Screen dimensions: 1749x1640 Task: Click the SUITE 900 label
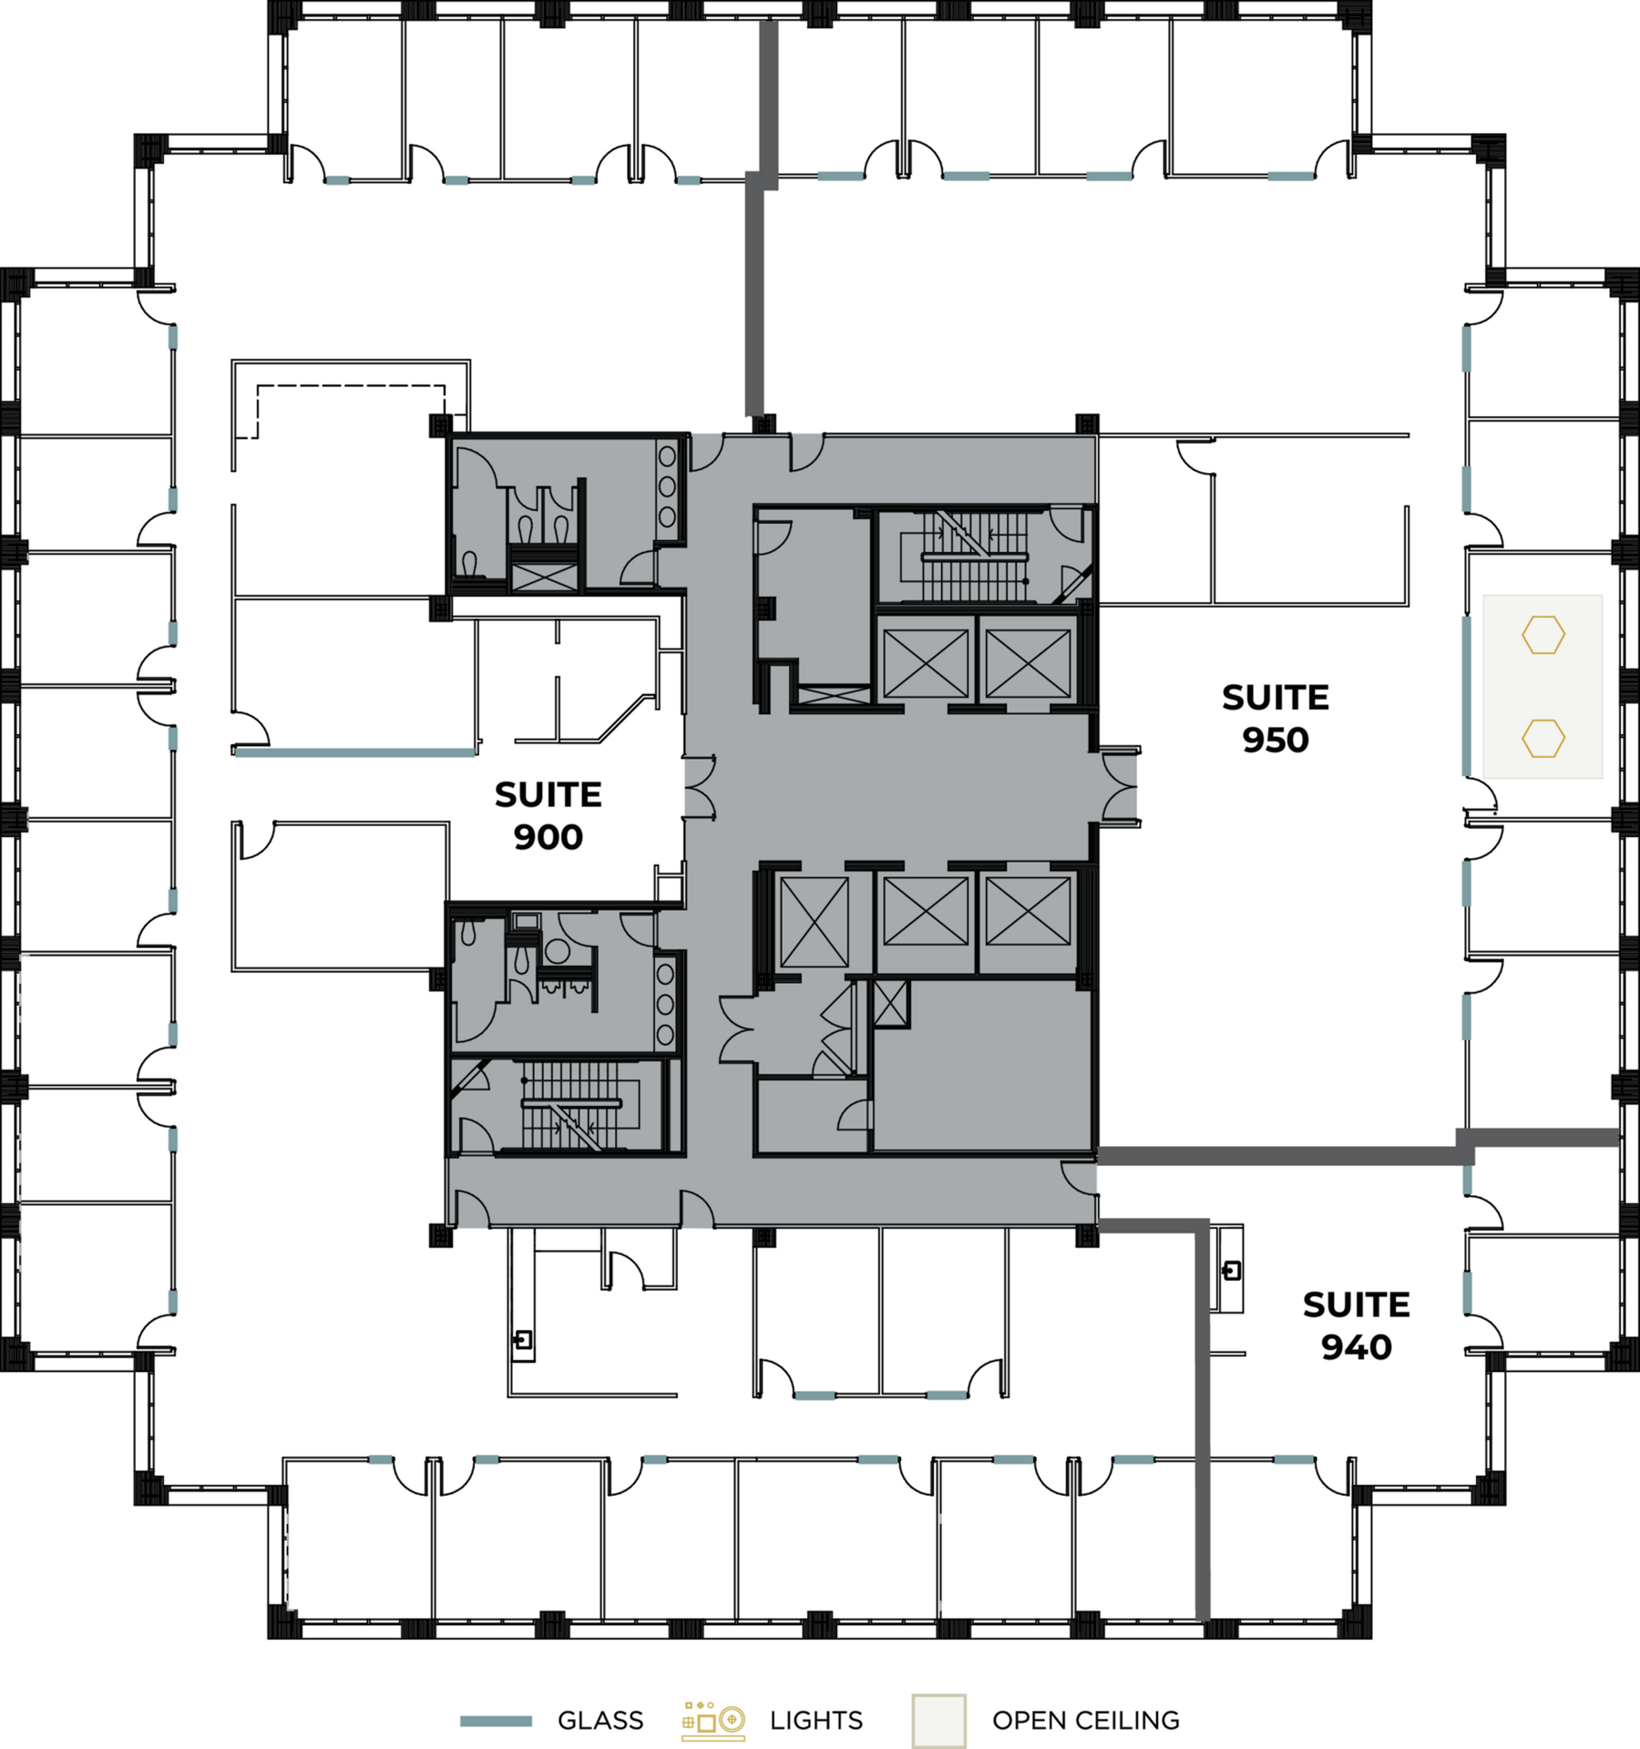(x=548, y=815)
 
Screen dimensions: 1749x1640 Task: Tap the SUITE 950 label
(x=1275, y=718)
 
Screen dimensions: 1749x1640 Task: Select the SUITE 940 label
(x=1356, y=1325)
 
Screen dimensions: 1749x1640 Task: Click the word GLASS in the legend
(x=600, y=1721)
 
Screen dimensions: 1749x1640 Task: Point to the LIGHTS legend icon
(x=713, y=1721)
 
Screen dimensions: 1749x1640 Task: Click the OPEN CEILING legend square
(x=938, y=1721)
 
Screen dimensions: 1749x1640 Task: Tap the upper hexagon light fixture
(x=1543, y=635)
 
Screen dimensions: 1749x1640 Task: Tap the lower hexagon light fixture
(x=1543, y=738)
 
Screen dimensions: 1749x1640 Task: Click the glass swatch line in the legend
(x=496, y=1721)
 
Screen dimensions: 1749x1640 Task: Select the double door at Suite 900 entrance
(x=699, y=787)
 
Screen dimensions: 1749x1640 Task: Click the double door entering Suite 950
(x=1120, y=787)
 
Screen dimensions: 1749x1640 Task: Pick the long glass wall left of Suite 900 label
(x=355, y=752)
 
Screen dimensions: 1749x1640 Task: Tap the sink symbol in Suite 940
(x=1231, y=1270)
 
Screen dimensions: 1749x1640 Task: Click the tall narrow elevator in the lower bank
(x=814, y=923)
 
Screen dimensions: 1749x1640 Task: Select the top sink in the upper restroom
(x=667, y=456)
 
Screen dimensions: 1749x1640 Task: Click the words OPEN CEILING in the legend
(x=1085, y=1721)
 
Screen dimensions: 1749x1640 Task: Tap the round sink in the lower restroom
(x=557, y=952)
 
